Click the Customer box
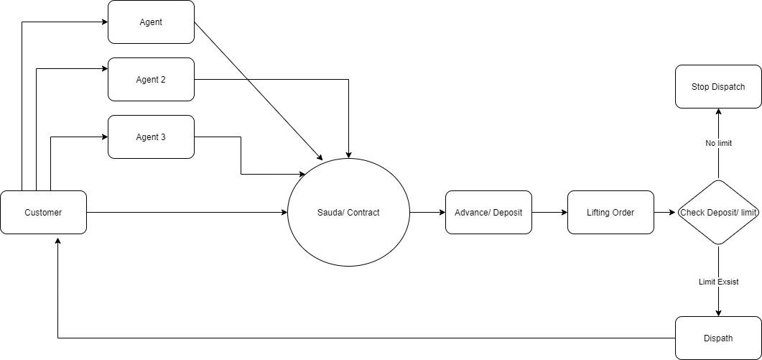(x=43, y=212)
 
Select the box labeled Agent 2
(x=151, y=79)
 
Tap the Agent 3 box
(x=151, y=137)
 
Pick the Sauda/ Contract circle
(x=348, y=212)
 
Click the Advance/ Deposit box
(x=488, y=212)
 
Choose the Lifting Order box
(x=610, y=212)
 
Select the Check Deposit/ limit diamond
(x=718, y=212)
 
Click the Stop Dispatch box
(x=718, y=86)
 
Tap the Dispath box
(x=718, y=338)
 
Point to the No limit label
(x=718, y=143)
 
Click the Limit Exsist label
(x=718, y=282)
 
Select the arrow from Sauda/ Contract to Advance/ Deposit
(x=427, y=212)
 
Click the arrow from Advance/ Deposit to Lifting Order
(x=549, y=212)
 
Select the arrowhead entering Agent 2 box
(x=103, y=68)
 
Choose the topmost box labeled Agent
(x=151, y=22)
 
